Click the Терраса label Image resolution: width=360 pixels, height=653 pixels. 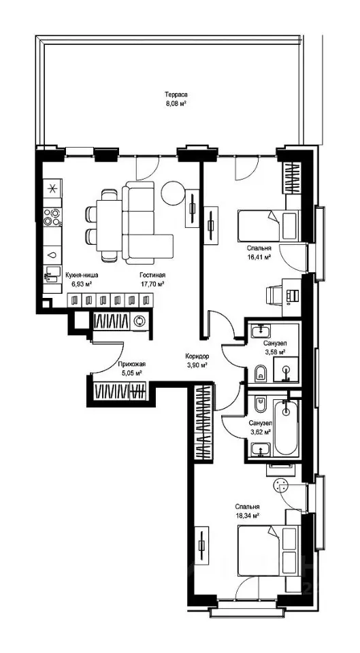174,95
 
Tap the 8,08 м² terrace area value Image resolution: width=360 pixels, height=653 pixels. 175,103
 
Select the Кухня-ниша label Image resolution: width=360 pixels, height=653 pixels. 82,275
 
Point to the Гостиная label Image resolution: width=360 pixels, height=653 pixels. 152,275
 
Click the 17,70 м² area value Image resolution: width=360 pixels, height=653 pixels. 152,284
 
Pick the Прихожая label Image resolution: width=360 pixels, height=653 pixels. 131,363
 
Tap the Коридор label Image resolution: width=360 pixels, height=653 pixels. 197,356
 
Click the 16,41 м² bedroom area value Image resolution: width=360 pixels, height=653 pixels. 259,257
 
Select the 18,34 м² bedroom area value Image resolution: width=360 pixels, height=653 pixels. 248,515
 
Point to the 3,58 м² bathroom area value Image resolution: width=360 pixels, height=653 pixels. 274,352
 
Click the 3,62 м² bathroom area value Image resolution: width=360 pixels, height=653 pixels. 261,432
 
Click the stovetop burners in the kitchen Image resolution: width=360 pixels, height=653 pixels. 53,216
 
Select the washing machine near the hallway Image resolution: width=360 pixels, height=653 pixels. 140,320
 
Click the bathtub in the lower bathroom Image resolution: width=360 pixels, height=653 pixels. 286,428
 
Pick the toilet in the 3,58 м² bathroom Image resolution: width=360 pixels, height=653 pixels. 261,374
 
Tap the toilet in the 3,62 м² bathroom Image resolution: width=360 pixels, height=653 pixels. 260,403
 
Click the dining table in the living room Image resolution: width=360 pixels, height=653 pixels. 109,225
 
